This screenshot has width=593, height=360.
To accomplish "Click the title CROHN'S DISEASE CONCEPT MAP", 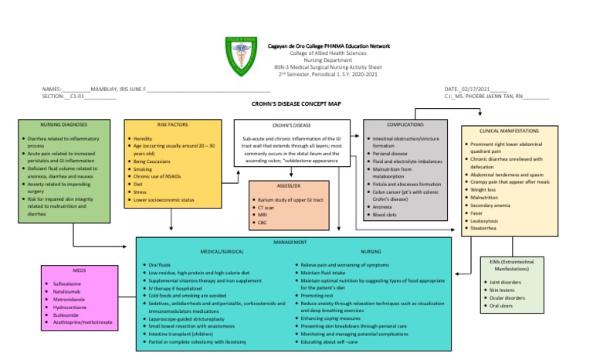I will (x=296, y=103).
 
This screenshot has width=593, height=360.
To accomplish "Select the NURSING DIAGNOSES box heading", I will (x=63, y=124).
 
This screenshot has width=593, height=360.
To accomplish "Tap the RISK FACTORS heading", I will (x=172, y=124).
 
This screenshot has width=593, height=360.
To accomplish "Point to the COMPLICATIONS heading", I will (x=405, y=124).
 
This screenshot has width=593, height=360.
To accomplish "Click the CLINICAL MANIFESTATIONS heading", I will (x=509, y=131).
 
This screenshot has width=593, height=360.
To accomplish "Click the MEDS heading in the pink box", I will (x=80, y=271).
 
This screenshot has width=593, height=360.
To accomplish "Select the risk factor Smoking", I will (x=143, y=168).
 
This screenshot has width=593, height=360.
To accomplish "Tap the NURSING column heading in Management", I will (x=371, y=252).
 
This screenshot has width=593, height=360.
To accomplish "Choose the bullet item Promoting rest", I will (x=322, y=295).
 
